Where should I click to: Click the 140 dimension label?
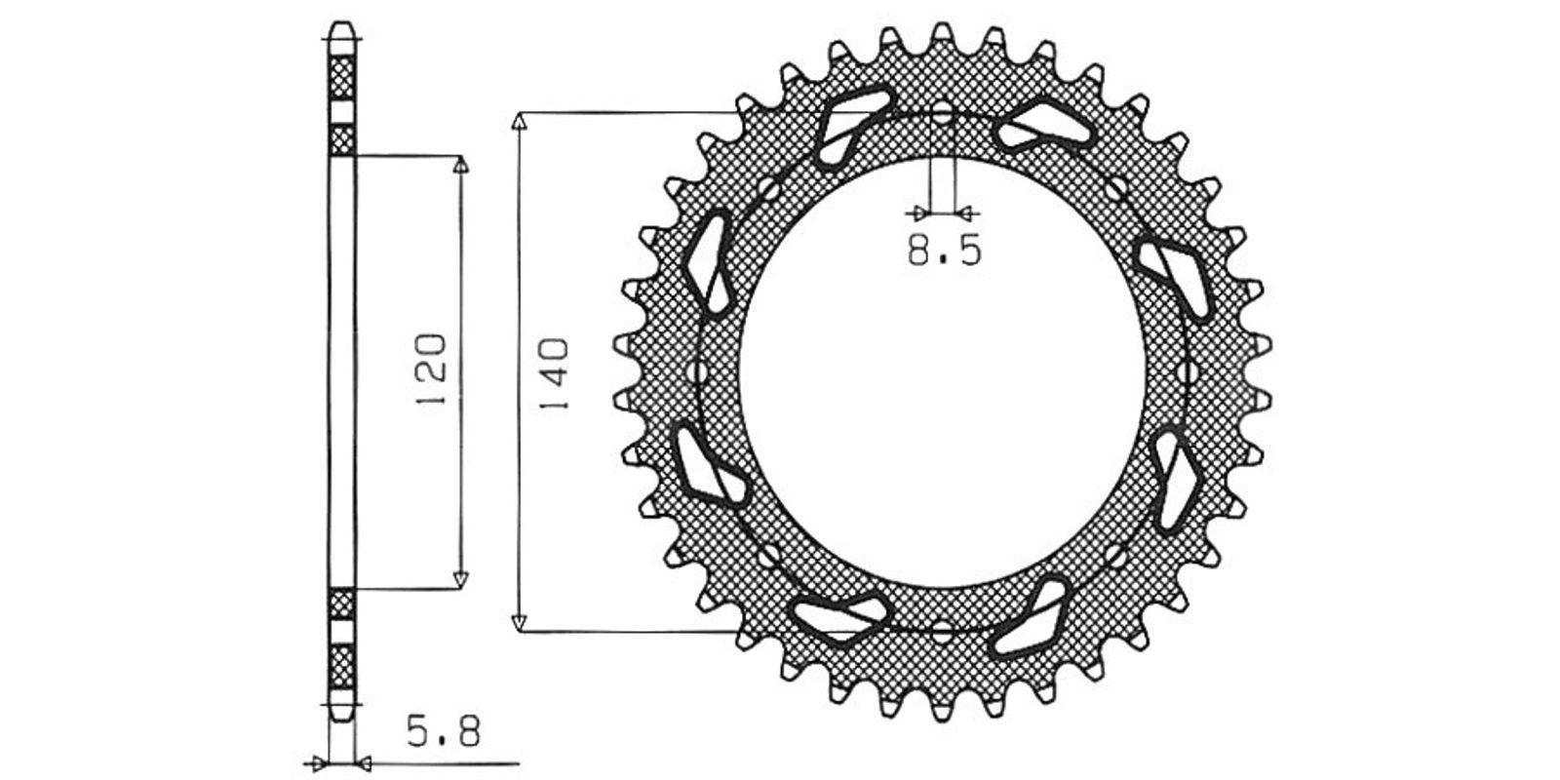[x=555, y=374]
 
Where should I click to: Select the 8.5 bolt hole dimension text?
[x=945, y=250]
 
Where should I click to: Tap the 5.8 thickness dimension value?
[x=444, y=733]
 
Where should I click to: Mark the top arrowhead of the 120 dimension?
[x=460, y=165]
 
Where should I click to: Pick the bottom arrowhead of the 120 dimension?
[x=460, y=579]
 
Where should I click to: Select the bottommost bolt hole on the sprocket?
[x=942, y=633]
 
